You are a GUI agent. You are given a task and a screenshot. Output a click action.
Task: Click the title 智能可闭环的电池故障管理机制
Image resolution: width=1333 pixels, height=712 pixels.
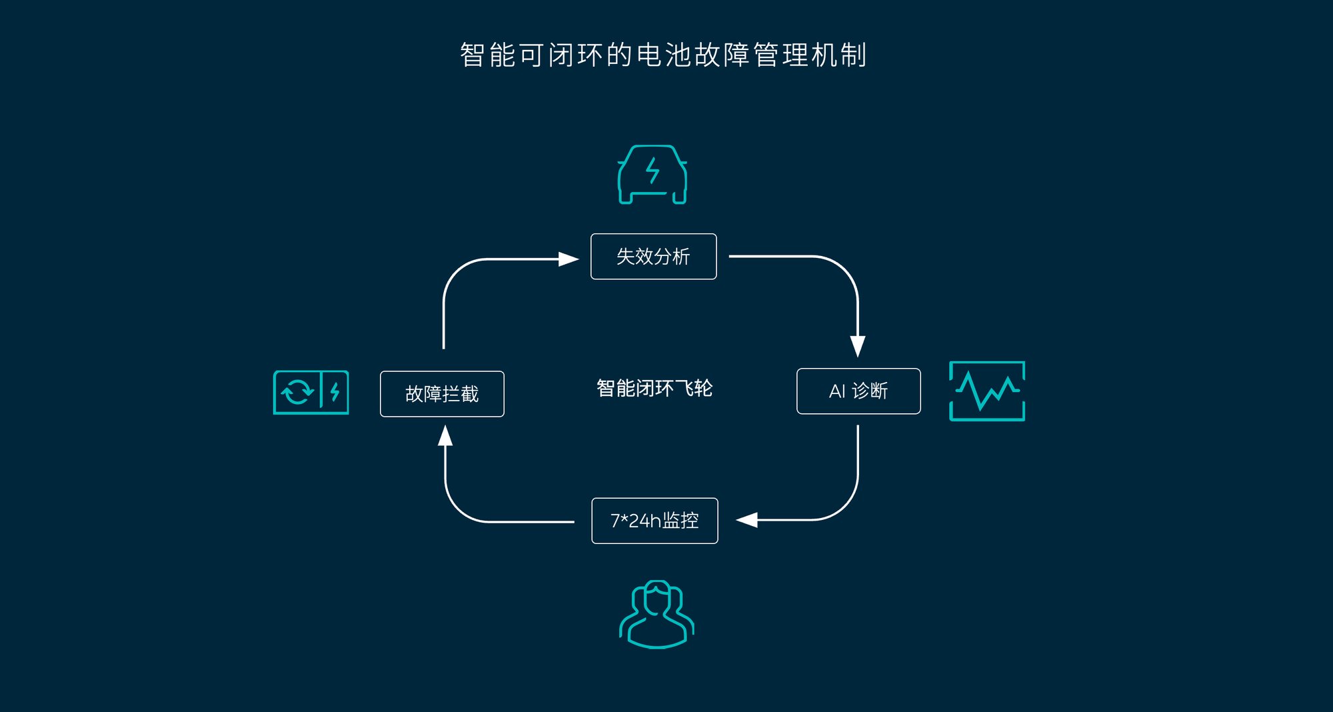click(663, 55)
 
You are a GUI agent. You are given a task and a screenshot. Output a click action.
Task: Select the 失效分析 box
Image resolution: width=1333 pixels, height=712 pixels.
click(654, 257)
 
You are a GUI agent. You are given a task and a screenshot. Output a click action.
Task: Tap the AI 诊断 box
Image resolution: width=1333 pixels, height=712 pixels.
click(858, 391)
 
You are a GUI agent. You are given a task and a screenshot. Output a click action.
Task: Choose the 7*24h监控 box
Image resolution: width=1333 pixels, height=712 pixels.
click(655, 521)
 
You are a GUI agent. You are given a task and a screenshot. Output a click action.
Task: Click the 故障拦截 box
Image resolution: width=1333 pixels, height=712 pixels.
click(442, 394)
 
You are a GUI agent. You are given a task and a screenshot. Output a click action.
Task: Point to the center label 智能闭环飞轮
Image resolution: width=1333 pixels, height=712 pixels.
click(655, 388)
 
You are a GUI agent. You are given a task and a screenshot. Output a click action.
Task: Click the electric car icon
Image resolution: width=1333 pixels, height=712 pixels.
click(653, 175)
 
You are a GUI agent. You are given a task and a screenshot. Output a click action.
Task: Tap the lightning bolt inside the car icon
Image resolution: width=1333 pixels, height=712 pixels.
click(653, 171)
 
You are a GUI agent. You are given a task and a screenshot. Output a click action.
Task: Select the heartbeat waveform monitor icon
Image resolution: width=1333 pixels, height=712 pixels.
click(987, 391)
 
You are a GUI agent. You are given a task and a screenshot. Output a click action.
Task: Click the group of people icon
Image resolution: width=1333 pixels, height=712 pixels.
click(657, 614)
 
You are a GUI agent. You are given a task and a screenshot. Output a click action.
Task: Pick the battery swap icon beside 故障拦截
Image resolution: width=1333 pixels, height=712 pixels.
click(311, 393)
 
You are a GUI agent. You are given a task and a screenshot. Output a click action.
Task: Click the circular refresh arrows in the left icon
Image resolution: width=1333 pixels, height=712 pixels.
click(297, 392)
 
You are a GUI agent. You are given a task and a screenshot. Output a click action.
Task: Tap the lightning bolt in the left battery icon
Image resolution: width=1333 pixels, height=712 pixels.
click(335, 392)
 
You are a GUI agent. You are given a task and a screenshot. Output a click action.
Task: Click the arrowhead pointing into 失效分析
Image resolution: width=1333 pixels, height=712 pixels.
click(569, 259)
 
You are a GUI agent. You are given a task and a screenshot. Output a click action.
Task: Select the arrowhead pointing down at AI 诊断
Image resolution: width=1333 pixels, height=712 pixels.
click(858, 347)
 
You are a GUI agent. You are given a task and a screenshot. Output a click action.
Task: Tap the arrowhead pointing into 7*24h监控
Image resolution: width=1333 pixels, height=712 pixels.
click(746, 520)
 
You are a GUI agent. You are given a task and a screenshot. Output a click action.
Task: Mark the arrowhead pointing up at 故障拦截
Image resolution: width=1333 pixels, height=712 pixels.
click(445, 435)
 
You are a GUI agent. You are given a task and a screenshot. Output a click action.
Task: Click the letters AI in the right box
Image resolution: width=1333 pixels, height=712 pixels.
click(837, 391)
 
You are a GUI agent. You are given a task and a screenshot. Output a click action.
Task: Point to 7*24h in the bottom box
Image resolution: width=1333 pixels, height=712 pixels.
click(636, 521)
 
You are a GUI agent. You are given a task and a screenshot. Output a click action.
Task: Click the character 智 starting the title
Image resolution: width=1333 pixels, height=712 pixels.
click(472, 55)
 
